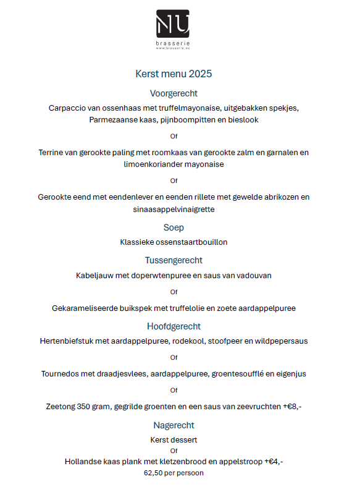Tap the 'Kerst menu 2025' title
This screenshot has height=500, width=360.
[174, 74]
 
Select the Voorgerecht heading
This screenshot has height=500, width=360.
[174, 93]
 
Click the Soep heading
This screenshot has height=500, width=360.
[174, 227]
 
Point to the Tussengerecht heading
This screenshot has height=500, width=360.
[174, 260]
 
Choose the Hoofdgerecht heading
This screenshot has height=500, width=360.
[174, 326]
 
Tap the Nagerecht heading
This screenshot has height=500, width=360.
[174, 425]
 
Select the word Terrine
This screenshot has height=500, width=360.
[53, 153]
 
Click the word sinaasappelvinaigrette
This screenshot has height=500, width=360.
[174, 210]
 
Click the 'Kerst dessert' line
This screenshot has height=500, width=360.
[174, 440]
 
